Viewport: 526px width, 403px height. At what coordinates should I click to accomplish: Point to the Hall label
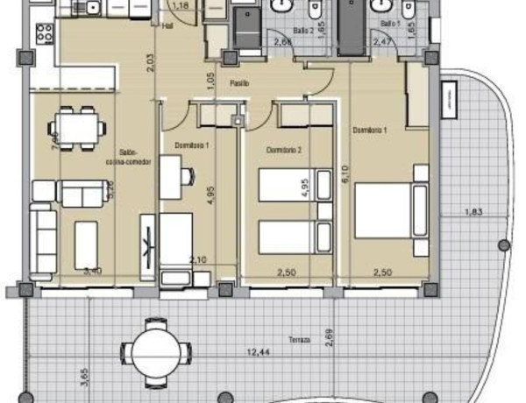pos(167,25)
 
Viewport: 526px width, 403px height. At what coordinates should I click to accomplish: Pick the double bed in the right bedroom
pos(391,210)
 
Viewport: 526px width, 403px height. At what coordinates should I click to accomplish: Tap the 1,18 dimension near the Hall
pos(181,6)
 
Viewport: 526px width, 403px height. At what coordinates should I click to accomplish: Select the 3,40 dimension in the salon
pos(90,271)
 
